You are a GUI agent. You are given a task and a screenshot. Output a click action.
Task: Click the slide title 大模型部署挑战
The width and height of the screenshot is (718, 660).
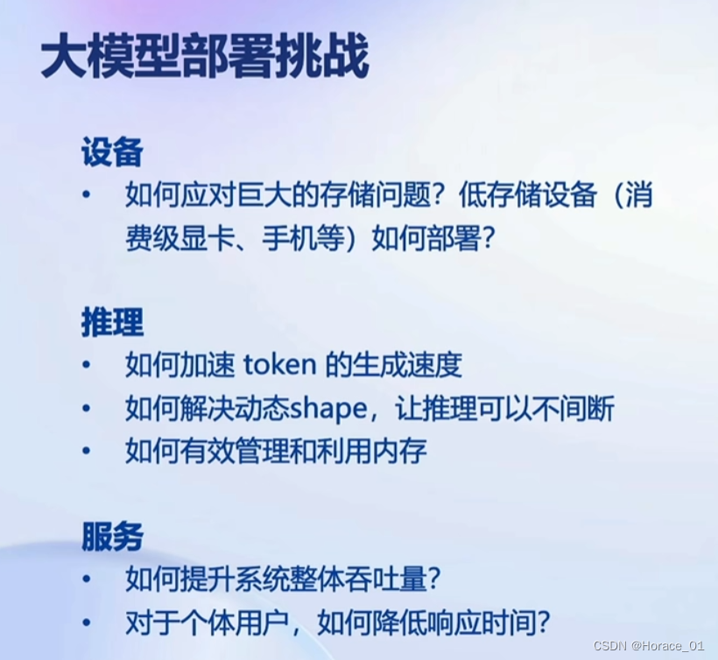(204, 60)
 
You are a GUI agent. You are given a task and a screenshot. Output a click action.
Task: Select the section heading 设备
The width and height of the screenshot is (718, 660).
(112, 154)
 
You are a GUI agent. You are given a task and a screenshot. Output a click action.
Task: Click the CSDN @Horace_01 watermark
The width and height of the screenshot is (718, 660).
(649, 646)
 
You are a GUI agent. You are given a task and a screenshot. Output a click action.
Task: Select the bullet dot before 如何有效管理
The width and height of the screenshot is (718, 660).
(86, 453)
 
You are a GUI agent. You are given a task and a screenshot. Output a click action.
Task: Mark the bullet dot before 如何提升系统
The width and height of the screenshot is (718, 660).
(86, 579)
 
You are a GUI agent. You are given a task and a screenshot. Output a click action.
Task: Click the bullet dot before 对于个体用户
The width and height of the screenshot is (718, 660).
(86, 623)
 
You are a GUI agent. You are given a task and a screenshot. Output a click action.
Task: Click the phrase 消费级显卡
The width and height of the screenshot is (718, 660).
(179, 239)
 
